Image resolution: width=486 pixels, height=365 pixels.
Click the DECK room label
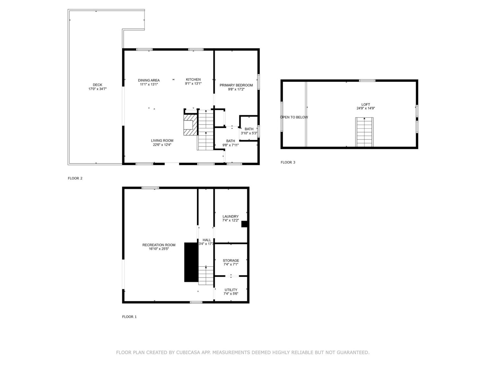click(x=98, y=85)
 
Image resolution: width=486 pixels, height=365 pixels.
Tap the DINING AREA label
click(x=149, y=80)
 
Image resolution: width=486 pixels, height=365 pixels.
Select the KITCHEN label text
click(x=193, y=79)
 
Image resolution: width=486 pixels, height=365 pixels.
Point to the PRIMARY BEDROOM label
click(x=236, y=85)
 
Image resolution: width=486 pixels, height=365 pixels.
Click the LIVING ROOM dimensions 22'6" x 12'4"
click(x=162, y=145)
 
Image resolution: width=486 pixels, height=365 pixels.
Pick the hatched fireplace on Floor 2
click(x=190, y=125)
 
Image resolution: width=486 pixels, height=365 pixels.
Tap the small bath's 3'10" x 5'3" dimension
click(x=249, y=133)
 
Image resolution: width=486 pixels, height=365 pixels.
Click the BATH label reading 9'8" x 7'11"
click(x=230, y=141)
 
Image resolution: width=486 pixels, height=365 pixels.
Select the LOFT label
click(x=365, y=104)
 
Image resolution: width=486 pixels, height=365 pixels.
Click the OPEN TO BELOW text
click(x=294, y=117)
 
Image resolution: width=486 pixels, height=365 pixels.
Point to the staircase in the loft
click(x=364, y=132)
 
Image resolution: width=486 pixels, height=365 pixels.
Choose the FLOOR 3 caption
click(x=288, y=162)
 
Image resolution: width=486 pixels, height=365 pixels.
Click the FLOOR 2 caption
click(x=75, y=178)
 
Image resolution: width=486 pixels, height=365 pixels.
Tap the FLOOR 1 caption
click(x=129, y=317)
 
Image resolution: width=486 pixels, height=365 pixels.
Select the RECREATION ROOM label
click(x=159, y=245)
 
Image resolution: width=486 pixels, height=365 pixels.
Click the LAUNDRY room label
click(x=230, y=216)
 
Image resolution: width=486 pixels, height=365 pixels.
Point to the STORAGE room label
click(x=231, y=261)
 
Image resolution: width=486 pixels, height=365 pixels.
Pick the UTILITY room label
click(x=231, y=290)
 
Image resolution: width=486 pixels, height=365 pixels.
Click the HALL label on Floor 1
click(x=207, y=240)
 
